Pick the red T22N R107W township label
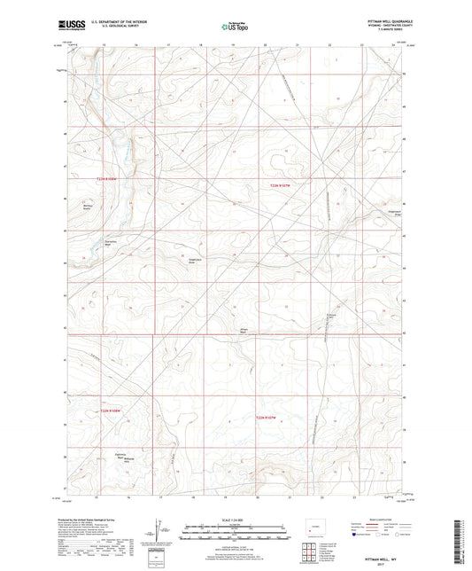[x=267, y=416]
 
